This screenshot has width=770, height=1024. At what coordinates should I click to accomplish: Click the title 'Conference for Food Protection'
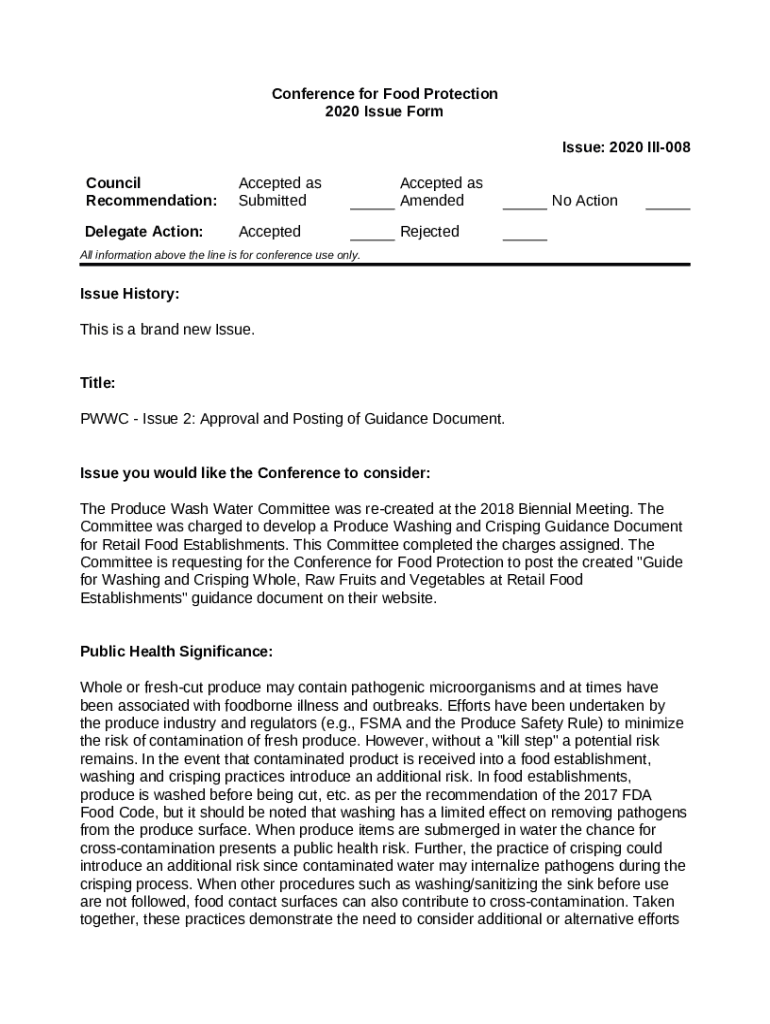pos(384,93)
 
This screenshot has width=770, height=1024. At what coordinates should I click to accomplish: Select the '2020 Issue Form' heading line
pos(384,111)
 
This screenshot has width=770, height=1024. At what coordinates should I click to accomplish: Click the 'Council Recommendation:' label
pos(151,191)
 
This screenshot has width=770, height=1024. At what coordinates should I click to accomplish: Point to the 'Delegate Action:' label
pos(144,231)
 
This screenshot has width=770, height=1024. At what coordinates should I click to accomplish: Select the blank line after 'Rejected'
pos(524,237)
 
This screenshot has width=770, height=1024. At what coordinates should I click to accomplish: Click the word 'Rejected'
pos(429,231)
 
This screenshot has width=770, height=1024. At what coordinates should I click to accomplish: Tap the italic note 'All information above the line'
pos(220,255)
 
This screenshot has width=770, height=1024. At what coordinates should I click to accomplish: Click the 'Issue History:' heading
pos(130,294)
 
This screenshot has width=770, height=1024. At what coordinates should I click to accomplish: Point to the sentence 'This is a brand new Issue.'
pos(167,329)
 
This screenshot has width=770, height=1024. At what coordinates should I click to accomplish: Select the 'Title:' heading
pos(98,383)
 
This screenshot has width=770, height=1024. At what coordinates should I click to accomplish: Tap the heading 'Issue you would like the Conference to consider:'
pos(255,472)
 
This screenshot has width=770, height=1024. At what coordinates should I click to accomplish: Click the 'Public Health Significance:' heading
pos(176,651)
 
